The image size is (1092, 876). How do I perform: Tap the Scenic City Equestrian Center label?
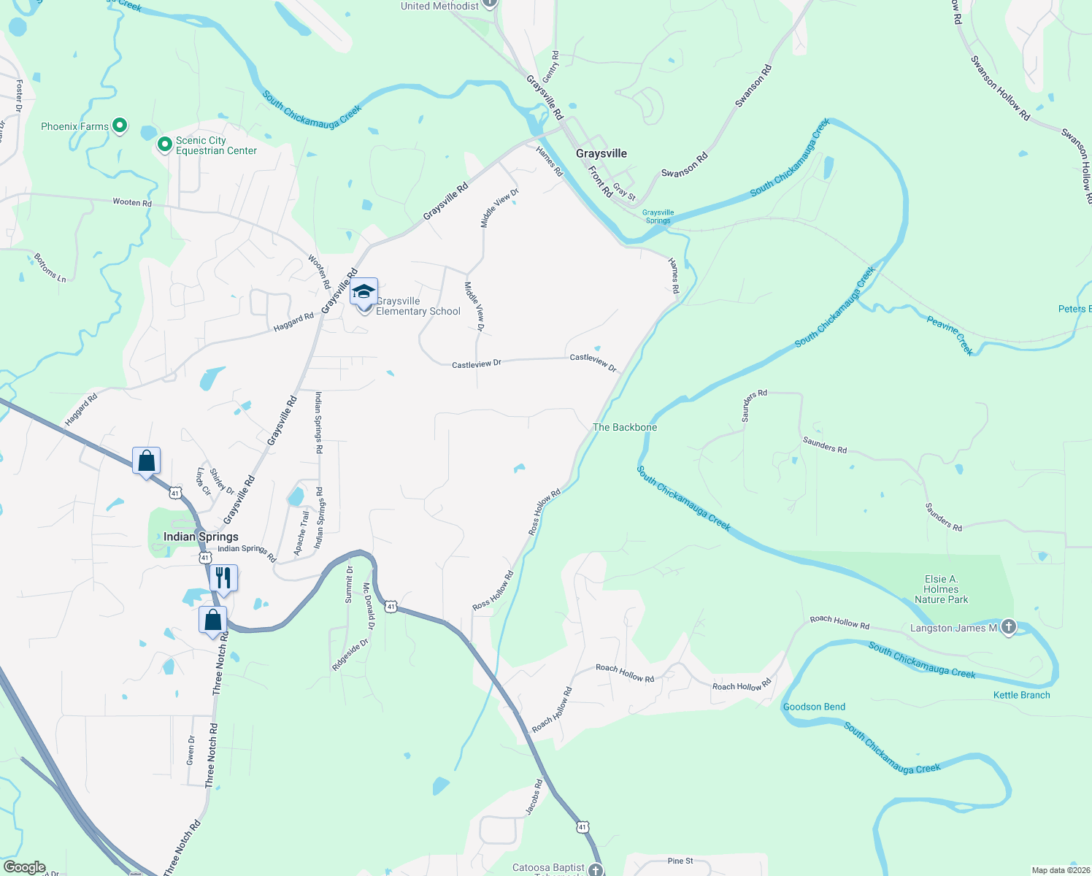[216, 145]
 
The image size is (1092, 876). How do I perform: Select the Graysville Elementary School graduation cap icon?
[364, 292]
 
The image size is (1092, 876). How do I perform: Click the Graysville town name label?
[601, 153]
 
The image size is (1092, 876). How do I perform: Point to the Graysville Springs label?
[658, 217]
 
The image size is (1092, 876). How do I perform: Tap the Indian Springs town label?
[201, 537]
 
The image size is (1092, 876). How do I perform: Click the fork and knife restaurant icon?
[223, 578]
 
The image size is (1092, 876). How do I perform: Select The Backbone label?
[625, 427]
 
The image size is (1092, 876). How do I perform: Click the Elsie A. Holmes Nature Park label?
[941, 589]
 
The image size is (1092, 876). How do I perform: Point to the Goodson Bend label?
[814, 707]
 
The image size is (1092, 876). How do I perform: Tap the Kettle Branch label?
[1021, 695]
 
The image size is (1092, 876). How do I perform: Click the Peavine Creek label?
[950, 334]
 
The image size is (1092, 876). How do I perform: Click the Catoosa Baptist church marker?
[596, 869]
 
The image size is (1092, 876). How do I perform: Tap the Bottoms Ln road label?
[50, 268]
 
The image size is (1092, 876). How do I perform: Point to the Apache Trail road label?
[301, 533]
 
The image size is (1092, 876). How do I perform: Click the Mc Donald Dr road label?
[369, 606]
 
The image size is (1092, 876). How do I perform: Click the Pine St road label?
[680, 861]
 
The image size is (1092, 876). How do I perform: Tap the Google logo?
[25, 867]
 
